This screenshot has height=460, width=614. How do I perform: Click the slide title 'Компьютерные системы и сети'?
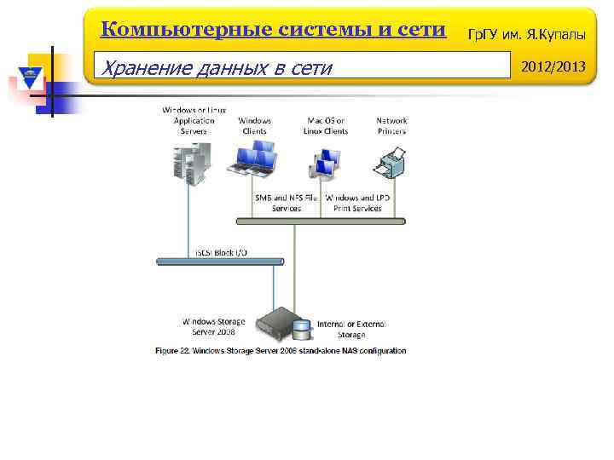pos(273,30)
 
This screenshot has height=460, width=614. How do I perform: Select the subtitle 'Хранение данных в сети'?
pos(216,67)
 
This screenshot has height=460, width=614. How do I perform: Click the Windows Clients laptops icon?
pos(254,158)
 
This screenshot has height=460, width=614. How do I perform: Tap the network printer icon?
pos(391,160)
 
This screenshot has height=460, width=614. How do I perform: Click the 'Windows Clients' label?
pos(254,126)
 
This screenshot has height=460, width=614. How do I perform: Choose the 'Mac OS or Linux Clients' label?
pos(326,126)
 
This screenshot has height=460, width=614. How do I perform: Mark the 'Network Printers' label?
pos(391,126)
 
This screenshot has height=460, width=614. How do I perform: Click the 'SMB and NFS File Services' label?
pos(287,203)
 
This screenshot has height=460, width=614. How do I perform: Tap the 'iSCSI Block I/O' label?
pos(227,254)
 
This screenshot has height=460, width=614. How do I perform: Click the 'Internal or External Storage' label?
pos(351,329)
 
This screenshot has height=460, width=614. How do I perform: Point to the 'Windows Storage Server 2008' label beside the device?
pos(213,326)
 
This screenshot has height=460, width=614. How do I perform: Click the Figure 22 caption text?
pos(281,351)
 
